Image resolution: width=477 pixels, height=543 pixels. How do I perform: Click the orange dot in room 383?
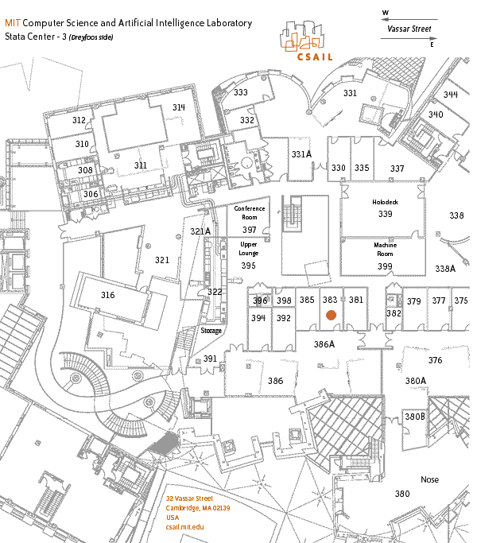pyautogui.click(x=331, y=315)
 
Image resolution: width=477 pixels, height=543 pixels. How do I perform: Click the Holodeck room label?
pyautogui.click(x=385, y=203)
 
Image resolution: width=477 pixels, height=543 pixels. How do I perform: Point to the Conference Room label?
pyautogui.click(x=250, y=212)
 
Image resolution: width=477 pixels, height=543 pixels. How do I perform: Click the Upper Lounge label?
pyautogui.click(x=249, y=249)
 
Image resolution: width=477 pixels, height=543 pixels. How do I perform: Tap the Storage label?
pyautogui.click(x=211, y=331)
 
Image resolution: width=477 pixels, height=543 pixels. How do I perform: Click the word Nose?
pyautogui.click(x=429, y=479)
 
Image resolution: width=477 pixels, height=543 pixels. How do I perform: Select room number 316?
pyautogui.click(x=108, y=295)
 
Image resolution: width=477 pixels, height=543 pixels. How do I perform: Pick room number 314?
pyautogui.click(x=178, y=107)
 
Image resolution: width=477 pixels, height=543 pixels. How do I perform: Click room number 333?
pyautogui.click(x=240, y=93)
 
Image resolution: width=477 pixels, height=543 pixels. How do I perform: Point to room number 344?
pyautogui.click(x=451, y=95)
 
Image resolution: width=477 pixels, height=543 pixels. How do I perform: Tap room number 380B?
pyautogui.click(x=415, y=417)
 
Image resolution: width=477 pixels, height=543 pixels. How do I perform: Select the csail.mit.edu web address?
pyautogui.click(x=185, y=527)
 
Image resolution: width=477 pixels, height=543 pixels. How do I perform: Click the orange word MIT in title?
pyautogui.click(x=12, y=23)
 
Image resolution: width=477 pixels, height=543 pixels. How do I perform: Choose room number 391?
pyautogui.click(x=210, y=359)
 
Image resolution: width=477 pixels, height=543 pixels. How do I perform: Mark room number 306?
pyautogui.click(x=91, y=194)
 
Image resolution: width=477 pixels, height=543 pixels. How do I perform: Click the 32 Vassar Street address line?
pyautogui.click(x=189, y=498)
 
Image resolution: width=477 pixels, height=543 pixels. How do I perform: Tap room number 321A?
pyautogui.click(x=200, y=231)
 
